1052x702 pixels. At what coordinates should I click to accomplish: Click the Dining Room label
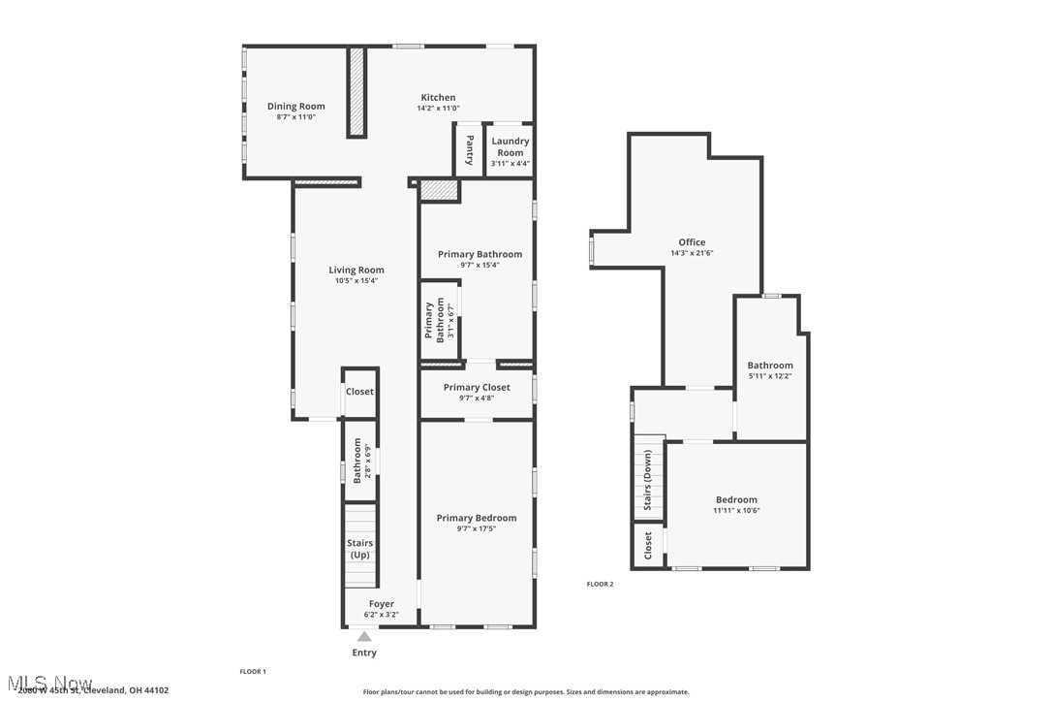[x=295, y=107]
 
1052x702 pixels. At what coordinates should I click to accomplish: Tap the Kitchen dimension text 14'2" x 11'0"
[x=438, y=109]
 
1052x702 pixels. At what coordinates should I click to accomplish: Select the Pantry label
[x=469, y=149]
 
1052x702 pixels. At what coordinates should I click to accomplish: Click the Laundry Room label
[x=510, y=146]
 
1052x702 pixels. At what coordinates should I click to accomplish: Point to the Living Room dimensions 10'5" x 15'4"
[x=356, y=281]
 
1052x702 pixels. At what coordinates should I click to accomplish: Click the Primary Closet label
[x=477, y=387]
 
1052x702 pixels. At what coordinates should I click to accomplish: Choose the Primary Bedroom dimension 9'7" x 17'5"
[x=476, y=528]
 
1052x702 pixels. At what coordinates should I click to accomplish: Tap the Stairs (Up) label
[x=359, y=550]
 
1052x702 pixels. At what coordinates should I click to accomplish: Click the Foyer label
[x=381, y=604]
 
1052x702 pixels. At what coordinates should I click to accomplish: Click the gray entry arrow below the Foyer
[x=364, y=637]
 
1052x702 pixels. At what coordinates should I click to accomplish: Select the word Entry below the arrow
[x=364, y=653]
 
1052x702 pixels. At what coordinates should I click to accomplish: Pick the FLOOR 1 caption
[x=252, y=671]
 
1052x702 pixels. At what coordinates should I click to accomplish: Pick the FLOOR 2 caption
[x=600, y=584]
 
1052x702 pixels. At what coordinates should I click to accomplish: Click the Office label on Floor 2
[x=692, y=242]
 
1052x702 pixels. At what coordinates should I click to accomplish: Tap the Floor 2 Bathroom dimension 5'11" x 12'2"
[x=770, y=376]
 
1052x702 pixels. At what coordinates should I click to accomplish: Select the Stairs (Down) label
[x=647, y=480]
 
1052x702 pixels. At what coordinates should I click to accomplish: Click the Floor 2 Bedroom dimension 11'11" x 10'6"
[x=736, y=510]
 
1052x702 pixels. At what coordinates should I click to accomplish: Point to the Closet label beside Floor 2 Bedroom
[x=648, y=545]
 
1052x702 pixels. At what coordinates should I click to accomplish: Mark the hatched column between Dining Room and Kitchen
[x=356, y=92]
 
